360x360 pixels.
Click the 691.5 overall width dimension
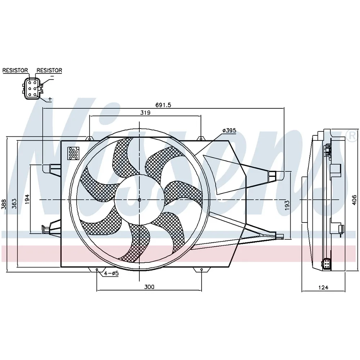pyautogui.click(x=163, y=105)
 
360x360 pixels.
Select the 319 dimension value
pyautogui.click(x=145, y=112)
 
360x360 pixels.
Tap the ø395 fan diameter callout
pyautogui.click(x=229, y=130)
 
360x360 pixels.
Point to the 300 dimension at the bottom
pyautogui.click(x=149, y=287)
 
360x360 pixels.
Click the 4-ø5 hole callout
pyautogui.click(x=111, y=273)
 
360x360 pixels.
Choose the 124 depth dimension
pyautogui.click(x=323, y=287)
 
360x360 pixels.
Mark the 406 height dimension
pyautogui.click(x=354, y=200)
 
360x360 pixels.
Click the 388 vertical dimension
pyautogui.click(x=4, y=204)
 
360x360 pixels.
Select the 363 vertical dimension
pyautogui.click(x=14, y=204)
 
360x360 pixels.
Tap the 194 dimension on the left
pyautogui.click(x=27, y=199)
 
